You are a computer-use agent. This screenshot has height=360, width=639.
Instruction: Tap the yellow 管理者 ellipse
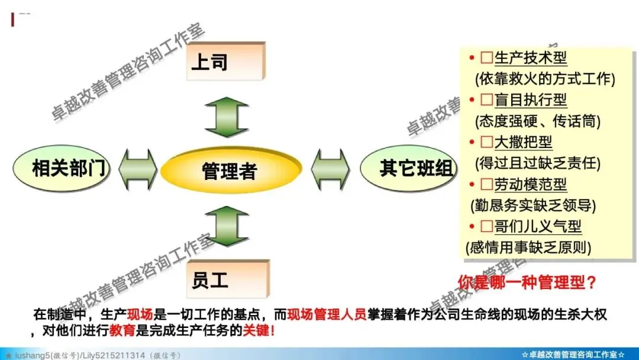(228, 172)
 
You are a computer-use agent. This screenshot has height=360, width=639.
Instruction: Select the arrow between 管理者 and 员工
(227, 226)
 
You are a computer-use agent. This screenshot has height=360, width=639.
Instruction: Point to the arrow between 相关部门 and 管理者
(138, 169)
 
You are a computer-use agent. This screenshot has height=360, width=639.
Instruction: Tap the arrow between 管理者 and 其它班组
(330, 169)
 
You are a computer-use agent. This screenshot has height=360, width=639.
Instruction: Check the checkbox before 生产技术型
(487, 58)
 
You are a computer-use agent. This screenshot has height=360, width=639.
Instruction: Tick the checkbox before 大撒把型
(487, 142)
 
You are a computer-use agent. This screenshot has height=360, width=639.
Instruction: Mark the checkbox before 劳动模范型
(487, 184)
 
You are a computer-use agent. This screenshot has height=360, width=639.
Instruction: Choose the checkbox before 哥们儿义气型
(487, 226)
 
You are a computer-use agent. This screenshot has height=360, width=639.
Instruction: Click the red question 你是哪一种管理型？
(527, 282)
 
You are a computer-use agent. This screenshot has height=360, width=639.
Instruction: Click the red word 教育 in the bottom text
(122, 330)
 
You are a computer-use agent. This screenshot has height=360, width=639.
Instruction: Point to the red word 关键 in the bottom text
(257, 330)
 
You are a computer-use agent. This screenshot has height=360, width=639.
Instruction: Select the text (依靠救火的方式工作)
(545, 79)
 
